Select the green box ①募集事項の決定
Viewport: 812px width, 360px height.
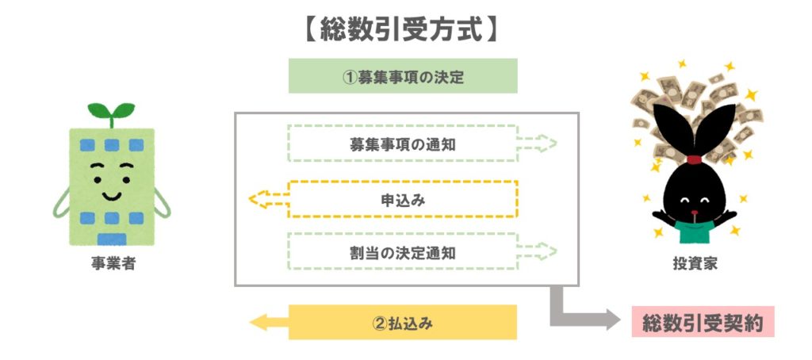403,77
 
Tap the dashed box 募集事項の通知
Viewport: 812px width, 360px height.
403,144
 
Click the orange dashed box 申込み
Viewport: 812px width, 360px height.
403,200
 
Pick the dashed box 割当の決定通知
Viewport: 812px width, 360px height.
403,253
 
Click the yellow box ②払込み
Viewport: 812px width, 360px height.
403,323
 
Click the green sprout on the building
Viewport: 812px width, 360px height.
112,112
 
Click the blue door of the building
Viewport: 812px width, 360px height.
112,239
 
